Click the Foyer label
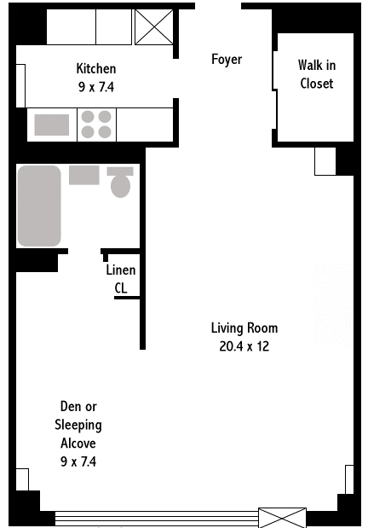[227, 59]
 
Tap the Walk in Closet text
[317, 74]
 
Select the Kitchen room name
[96, 68]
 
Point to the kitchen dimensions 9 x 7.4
[96, 87]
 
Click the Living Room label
[244, 328]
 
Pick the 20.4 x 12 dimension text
[244, 346]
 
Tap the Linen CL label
[121, 279]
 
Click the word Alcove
[78, 443]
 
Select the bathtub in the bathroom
[39, 206]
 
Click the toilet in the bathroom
[120, 183]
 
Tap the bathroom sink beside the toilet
[84, 175]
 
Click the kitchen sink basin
[52, 125]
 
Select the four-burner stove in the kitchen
[96, 125]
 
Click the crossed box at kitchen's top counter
[154, 27]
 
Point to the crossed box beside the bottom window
[282, 518]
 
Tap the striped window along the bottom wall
[157, 518]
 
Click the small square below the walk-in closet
[325, 161]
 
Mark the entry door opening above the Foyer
[218, 6]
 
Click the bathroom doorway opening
[84, 251]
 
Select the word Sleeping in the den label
[78, 425]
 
